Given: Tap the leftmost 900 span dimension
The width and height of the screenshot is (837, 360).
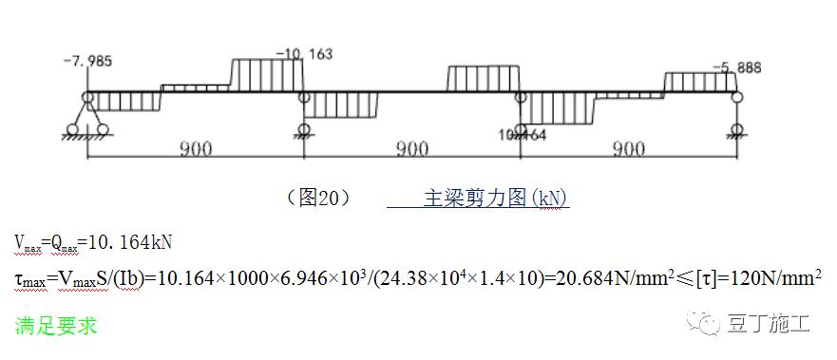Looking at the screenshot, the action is [194, 148].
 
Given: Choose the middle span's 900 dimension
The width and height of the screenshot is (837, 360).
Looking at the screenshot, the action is [410, 148].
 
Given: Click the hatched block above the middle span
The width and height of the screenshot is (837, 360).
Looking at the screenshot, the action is [484, 78].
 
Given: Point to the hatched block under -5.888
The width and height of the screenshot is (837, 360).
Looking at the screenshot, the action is [700, 82].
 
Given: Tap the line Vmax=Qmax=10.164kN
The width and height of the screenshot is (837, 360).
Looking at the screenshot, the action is [92, 242].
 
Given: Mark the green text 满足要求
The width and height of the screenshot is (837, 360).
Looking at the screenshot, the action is [55, 326].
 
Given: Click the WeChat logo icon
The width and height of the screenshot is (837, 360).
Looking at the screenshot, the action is [713, 326].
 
